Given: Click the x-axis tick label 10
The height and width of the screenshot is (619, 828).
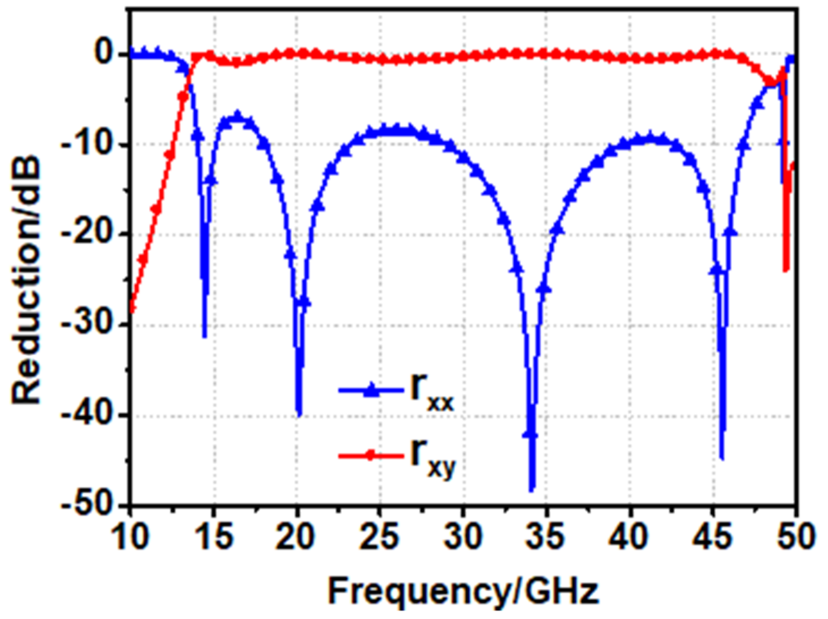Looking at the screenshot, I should pos(130,537).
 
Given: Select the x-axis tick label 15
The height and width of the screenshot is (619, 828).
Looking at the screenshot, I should pos(213,537).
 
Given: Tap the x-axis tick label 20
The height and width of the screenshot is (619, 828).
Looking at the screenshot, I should pos(297,537).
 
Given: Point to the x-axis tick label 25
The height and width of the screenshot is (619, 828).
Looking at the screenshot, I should pos(380,537).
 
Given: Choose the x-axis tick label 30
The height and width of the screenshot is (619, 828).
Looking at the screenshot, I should pos(463,537).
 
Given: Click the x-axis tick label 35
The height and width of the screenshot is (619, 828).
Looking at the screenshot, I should pos(547,537).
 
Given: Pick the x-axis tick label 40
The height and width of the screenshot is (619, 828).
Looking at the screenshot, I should pos(630,537).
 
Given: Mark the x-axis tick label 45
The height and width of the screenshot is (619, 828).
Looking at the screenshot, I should pos(713,537).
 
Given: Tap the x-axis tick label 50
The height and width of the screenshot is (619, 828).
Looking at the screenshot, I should pos(796,537).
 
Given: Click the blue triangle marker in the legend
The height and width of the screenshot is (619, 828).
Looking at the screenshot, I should pos(371,390).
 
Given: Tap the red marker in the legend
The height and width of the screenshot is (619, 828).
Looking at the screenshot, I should pos(371,455).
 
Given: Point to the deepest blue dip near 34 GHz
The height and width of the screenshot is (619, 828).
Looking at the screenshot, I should pos(532,488).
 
